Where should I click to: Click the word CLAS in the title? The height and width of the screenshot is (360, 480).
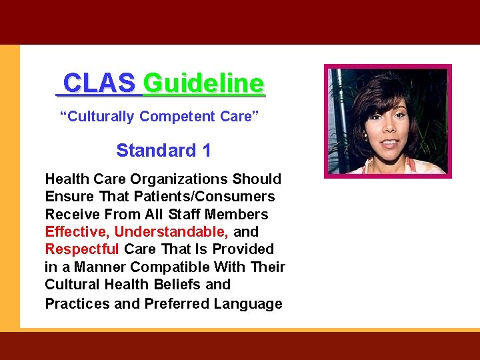point(99,84)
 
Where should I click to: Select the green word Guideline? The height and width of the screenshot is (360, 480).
point(203,84)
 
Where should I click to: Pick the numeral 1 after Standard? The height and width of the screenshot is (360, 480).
point(206,151)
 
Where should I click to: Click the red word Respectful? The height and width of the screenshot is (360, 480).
point(82,249)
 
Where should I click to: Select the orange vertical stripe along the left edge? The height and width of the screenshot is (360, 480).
point(9,187)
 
